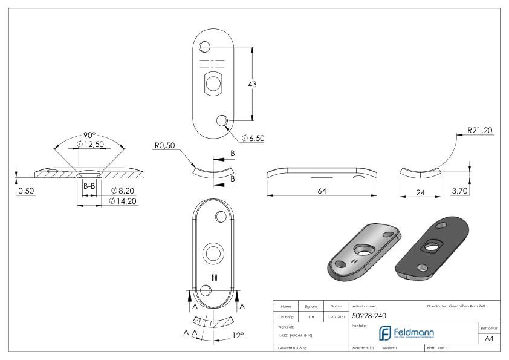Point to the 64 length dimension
coord(322,191)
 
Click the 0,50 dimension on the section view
coord(25,191)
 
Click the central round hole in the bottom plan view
coord(213,252)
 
